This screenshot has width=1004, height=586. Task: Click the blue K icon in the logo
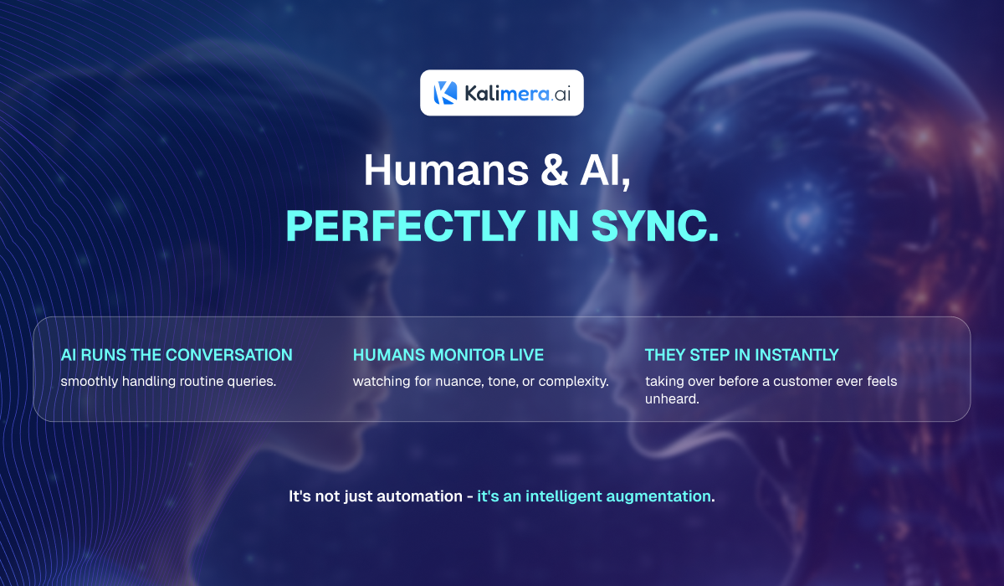(445, 93)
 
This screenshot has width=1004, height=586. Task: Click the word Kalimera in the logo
(507, 93)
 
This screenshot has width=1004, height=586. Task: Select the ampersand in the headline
(555, 171)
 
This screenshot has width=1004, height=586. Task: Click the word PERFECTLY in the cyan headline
(406, 225)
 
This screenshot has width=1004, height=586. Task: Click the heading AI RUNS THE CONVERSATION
(177, 355)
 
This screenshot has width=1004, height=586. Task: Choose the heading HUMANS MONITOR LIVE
(448, 355)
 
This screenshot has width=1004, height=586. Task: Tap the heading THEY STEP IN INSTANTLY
(742, 355)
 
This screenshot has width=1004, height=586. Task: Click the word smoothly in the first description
(90, 382)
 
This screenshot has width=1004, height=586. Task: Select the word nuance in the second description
(459, 382)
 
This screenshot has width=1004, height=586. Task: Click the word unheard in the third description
(672, 399)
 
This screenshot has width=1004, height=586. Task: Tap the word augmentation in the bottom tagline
(658, 496)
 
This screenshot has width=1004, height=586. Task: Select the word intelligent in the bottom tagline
(564, 496)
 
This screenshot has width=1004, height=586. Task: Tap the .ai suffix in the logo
(561, 94)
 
